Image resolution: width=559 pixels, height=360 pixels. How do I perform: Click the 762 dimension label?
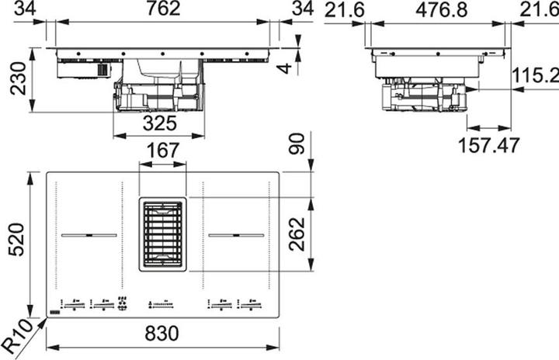[x=162, y=9]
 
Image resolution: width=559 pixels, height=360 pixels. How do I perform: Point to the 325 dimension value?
[x=160, y=123]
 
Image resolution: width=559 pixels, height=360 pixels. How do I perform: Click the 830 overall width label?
[x=162, y=334]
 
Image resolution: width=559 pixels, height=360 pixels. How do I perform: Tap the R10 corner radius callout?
[x=17, y=331]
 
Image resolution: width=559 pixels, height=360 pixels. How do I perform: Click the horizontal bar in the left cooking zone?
[x=89, y=235]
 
